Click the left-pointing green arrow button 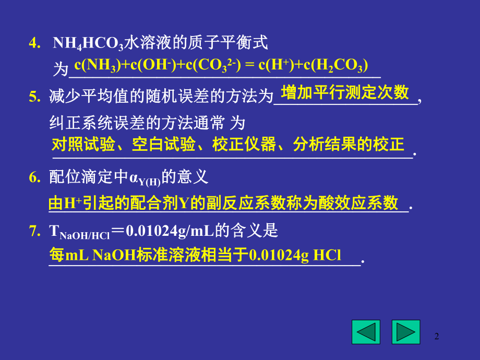(x=365, y=332)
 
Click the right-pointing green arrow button (x=405, y=332)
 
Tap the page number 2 (x=437, y=337)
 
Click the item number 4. (x=34, y=43)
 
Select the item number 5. (x=34, y=96)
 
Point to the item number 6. (x=34, y=177)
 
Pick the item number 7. (x=34, y=230)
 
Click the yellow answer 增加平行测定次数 (x=345, y=93)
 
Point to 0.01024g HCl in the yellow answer (x=295, y=255)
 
